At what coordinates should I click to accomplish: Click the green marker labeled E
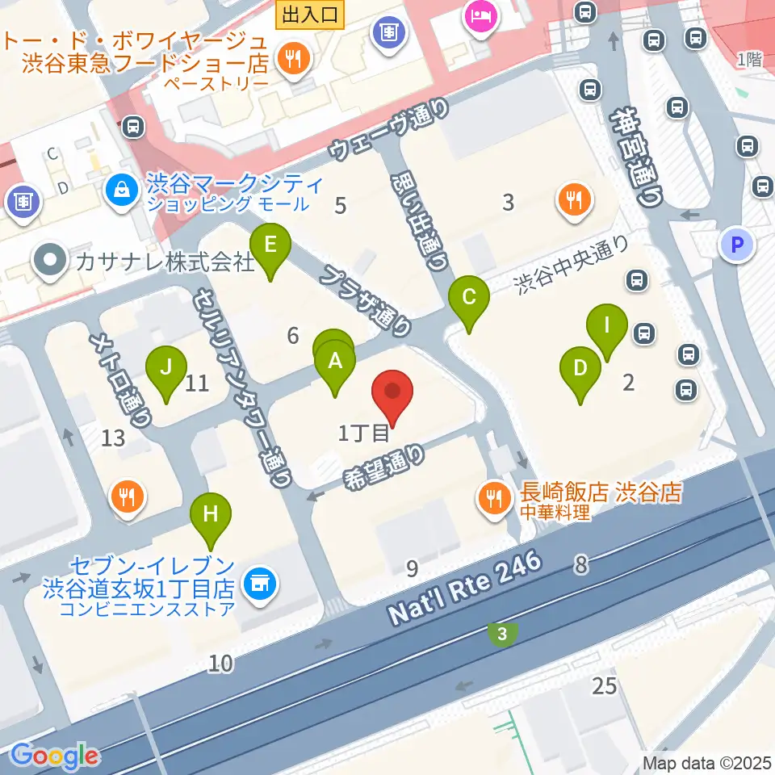[270, 245]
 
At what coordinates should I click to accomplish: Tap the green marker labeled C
[469, 298]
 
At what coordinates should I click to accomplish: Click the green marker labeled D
[580, 369]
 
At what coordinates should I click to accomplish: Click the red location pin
[392, 393]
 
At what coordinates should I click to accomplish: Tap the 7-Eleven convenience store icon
[259, 581]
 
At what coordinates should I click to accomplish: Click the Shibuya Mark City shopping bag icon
[121, 191]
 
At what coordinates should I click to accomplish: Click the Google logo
[55, 756]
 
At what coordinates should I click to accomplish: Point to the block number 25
[604, 686]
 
